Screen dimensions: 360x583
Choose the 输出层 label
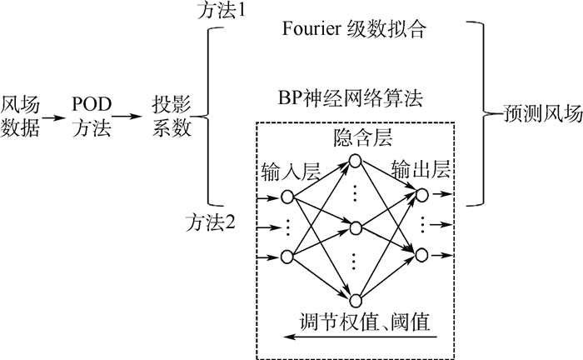click(424, 170)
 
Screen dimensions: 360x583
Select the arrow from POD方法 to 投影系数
click(127, 117)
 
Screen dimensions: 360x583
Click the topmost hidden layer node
click(356, 160)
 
